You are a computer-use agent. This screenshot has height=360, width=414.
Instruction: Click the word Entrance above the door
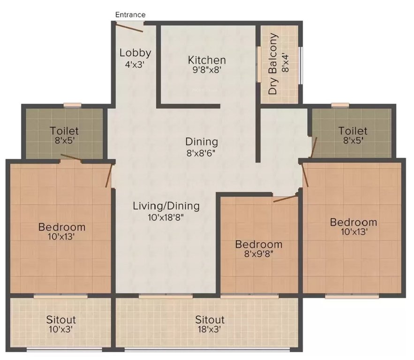(130, 15)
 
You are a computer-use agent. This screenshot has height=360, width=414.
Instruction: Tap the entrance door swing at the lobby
(130, 27)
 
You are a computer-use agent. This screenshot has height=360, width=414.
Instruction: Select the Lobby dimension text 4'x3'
(135, 65)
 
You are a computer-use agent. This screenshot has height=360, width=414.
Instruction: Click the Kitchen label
(207, 60)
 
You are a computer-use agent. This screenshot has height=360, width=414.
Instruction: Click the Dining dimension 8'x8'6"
(202, 152)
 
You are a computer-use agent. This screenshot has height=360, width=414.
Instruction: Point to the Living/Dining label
(166, 205)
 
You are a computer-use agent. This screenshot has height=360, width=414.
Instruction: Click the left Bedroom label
(62, 227)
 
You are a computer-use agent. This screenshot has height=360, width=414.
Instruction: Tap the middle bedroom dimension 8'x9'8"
(259, 255)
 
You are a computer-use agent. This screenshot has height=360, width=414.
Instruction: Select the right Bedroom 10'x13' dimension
(353, 231)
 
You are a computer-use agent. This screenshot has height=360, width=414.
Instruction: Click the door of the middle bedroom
(285, 198)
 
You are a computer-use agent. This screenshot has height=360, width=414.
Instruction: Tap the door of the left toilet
(71, 158)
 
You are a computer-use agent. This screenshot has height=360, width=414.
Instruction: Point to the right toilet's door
(314, 146)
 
